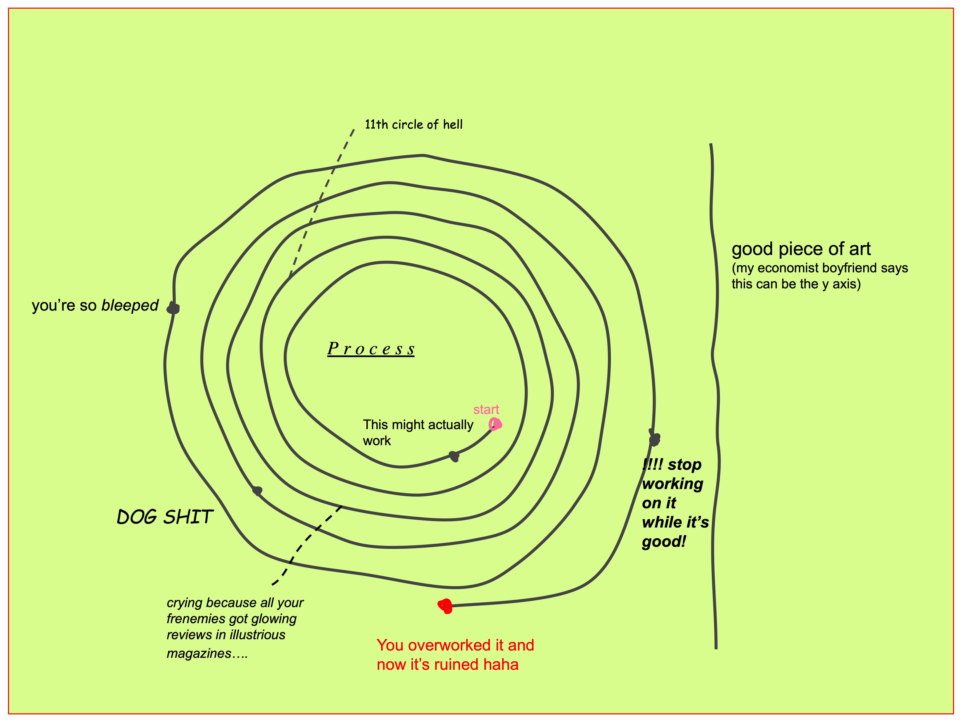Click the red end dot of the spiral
pos(445,605)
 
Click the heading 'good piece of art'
pos(801,249)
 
